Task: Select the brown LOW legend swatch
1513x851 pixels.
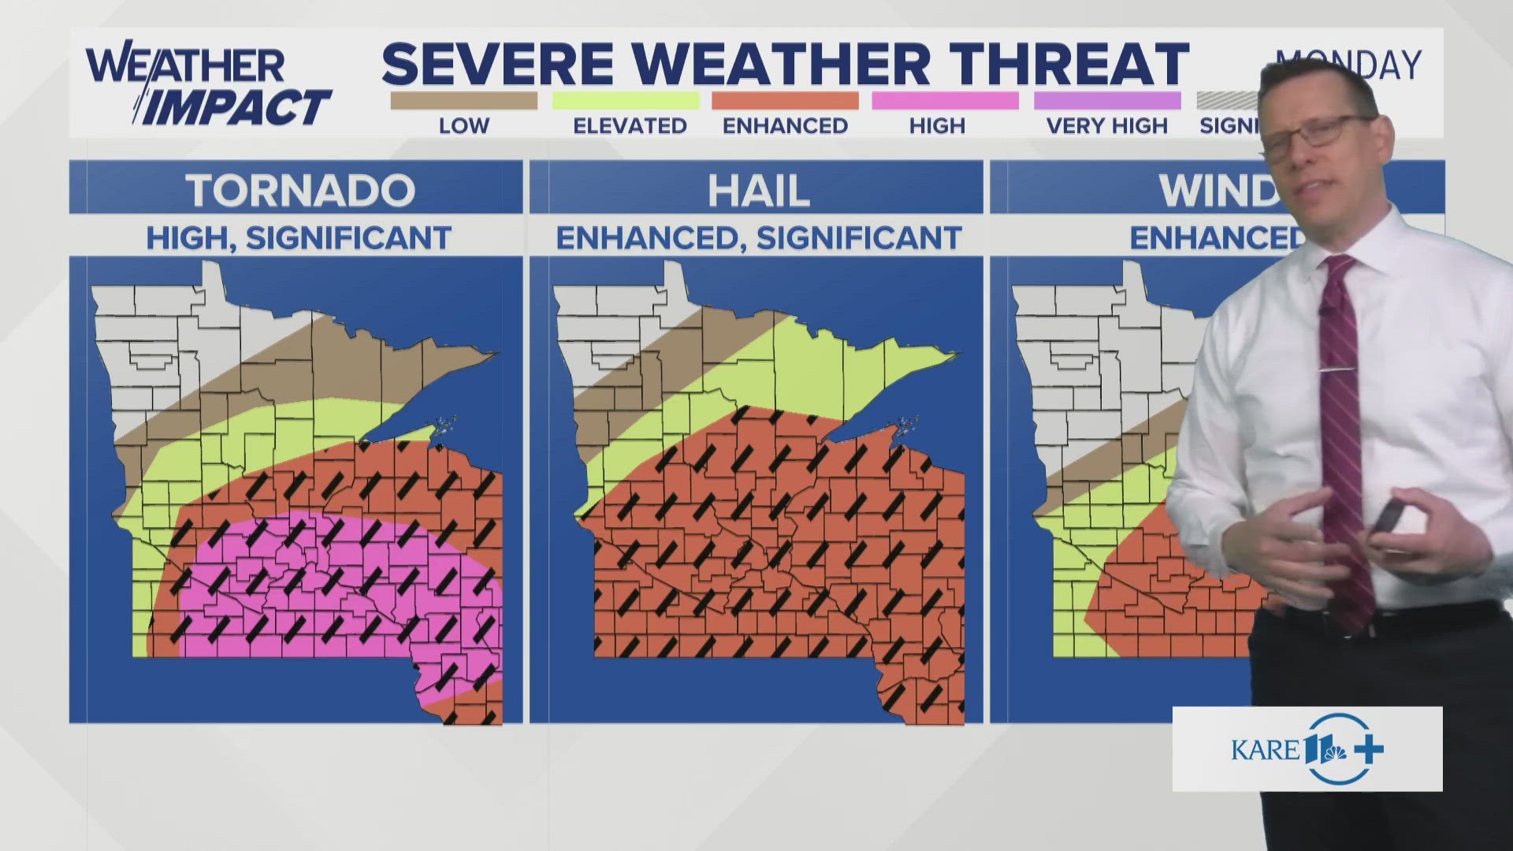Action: point(463,101)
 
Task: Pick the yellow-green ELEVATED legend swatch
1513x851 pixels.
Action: point(625,101)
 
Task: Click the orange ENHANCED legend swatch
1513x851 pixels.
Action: point(785,101)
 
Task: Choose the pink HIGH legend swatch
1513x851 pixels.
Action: point(945,101)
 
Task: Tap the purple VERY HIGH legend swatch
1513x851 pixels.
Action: point(1106,101)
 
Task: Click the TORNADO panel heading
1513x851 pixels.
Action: point(299,190)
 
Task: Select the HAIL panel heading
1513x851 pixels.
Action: point(758,190)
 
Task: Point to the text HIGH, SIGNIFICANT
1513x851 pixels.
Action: point(299,238)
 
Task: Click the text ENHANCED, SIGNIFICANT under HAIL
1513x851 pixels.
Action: point(758,238)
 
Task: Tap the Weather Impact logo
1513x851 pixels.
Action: point(206,87)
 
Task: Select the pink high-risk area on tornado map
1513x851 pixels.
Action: point(331,583)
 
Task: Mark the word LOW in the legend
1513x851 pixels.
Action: point(463,126)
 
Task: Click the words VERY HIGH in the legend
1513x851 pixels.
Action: point(1106,126)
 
